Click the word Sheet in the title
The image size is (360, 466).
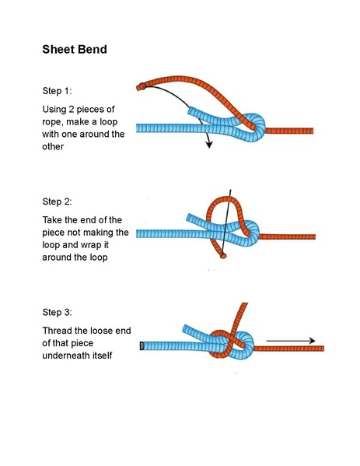point(59,50)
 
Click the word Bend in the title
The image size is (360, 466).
point(93,50)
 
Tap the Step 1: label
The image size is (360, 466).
point(57,92)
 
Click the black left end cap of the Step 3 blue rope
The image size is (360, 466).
point(141,345)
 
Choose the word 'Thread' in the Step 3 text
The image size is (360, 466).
point(61,330)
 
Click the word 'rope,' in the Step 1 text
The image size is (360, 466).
point(55,121)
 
